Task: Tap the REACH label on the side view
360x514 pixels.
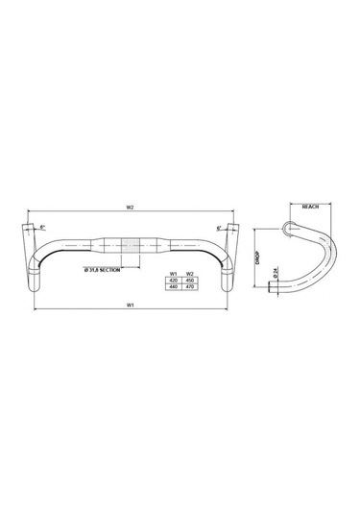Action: pos(309,206)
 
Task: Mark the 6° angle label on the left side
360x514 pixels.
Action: pos(42,227)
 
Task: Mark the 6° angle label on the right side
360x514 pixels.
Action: pos(219,228)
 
